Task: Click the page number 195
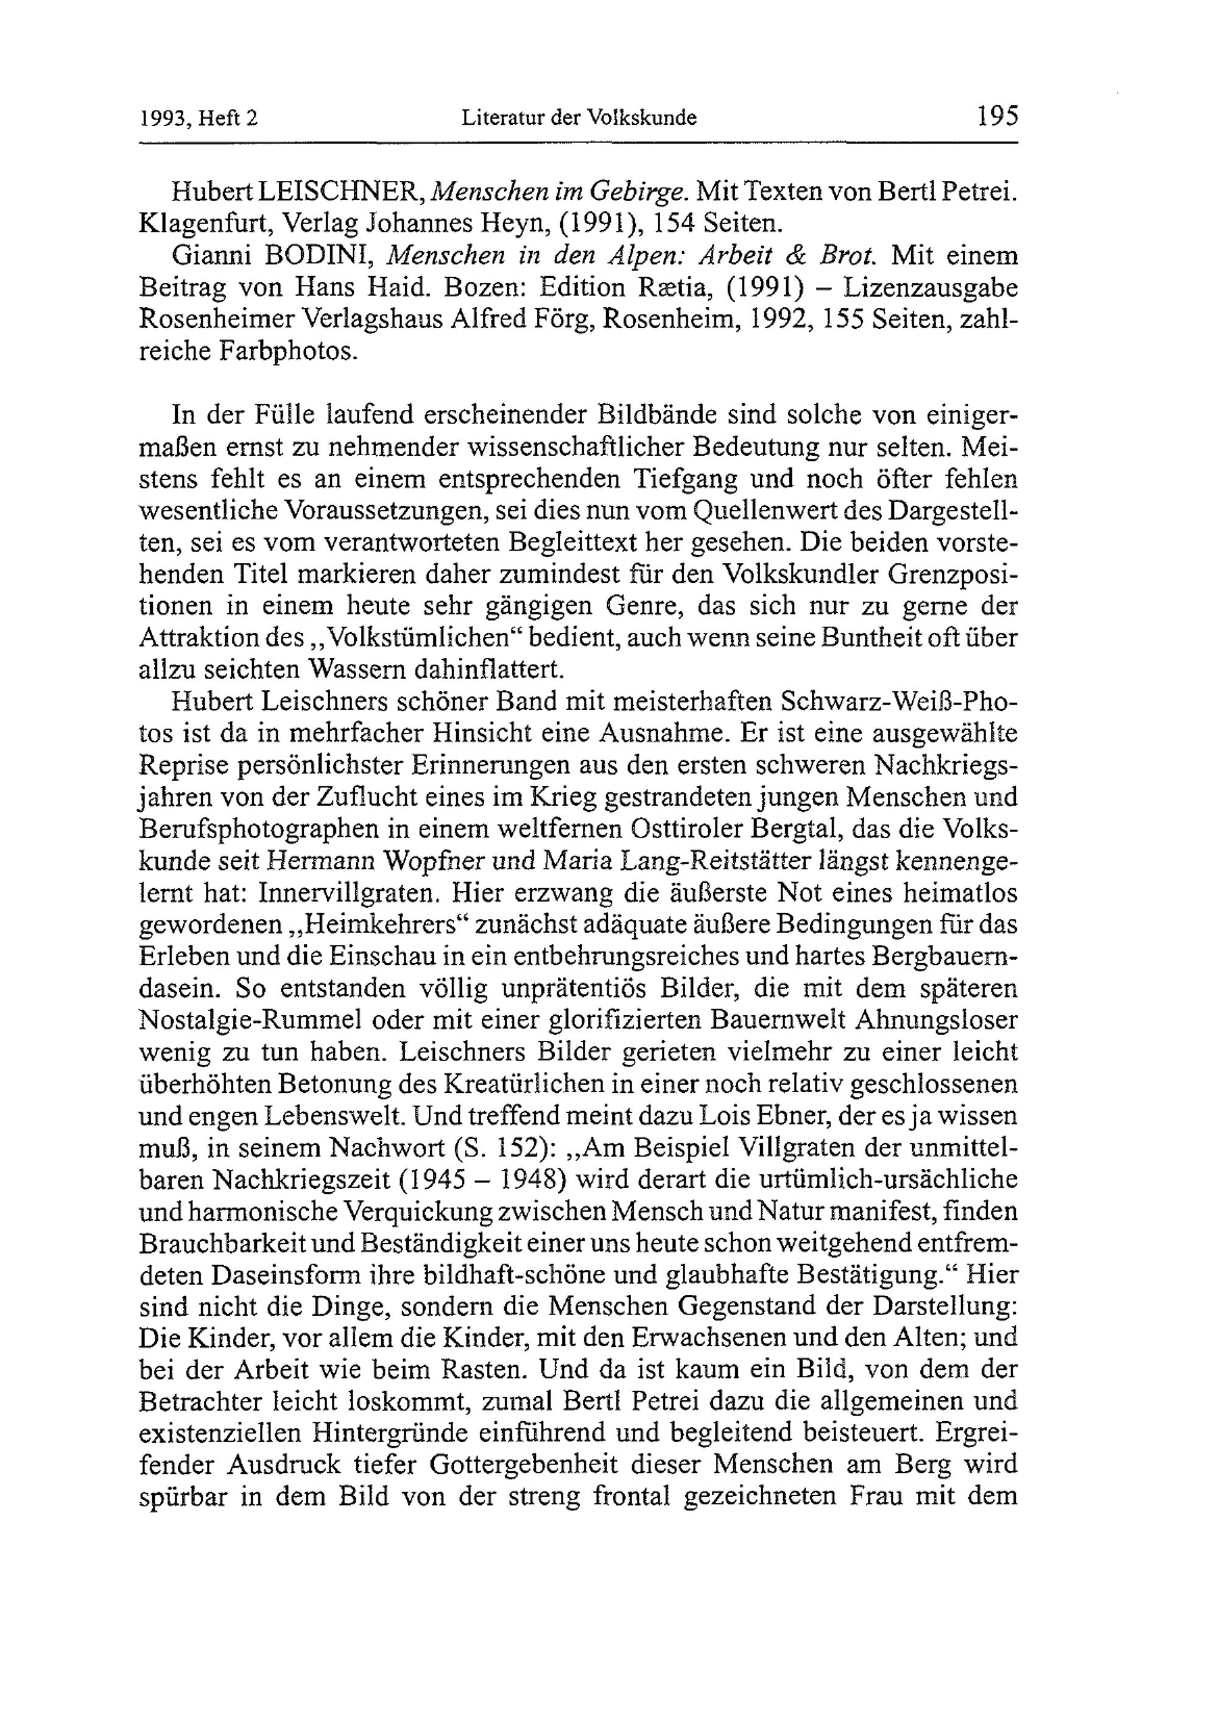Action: click(996, 116)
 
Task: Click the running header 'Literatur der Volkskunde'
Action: click(579, 118)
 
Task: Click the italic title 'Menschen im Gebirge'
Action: click(560, 192)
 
